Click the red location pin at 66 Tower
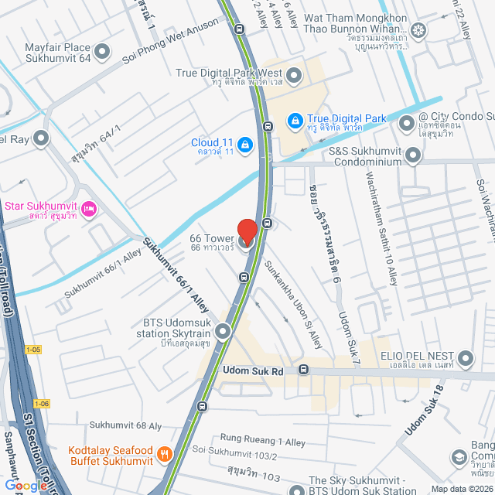point(247,233)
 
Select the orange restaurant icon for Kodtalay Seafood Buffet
point(164,454)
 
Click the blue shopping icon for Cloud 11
point(244,144)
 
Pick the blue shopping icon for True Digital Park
point(295,121)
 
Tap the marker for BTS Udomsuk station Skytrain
point(223,333)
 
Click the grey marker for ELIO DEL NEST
point(466,358)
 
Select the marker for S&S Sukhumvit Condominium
point(413,156)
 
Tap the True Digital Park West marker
point(294,77)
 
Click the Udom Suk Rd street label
point(254,371)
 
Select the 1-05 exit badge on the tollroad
point(32,350)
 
